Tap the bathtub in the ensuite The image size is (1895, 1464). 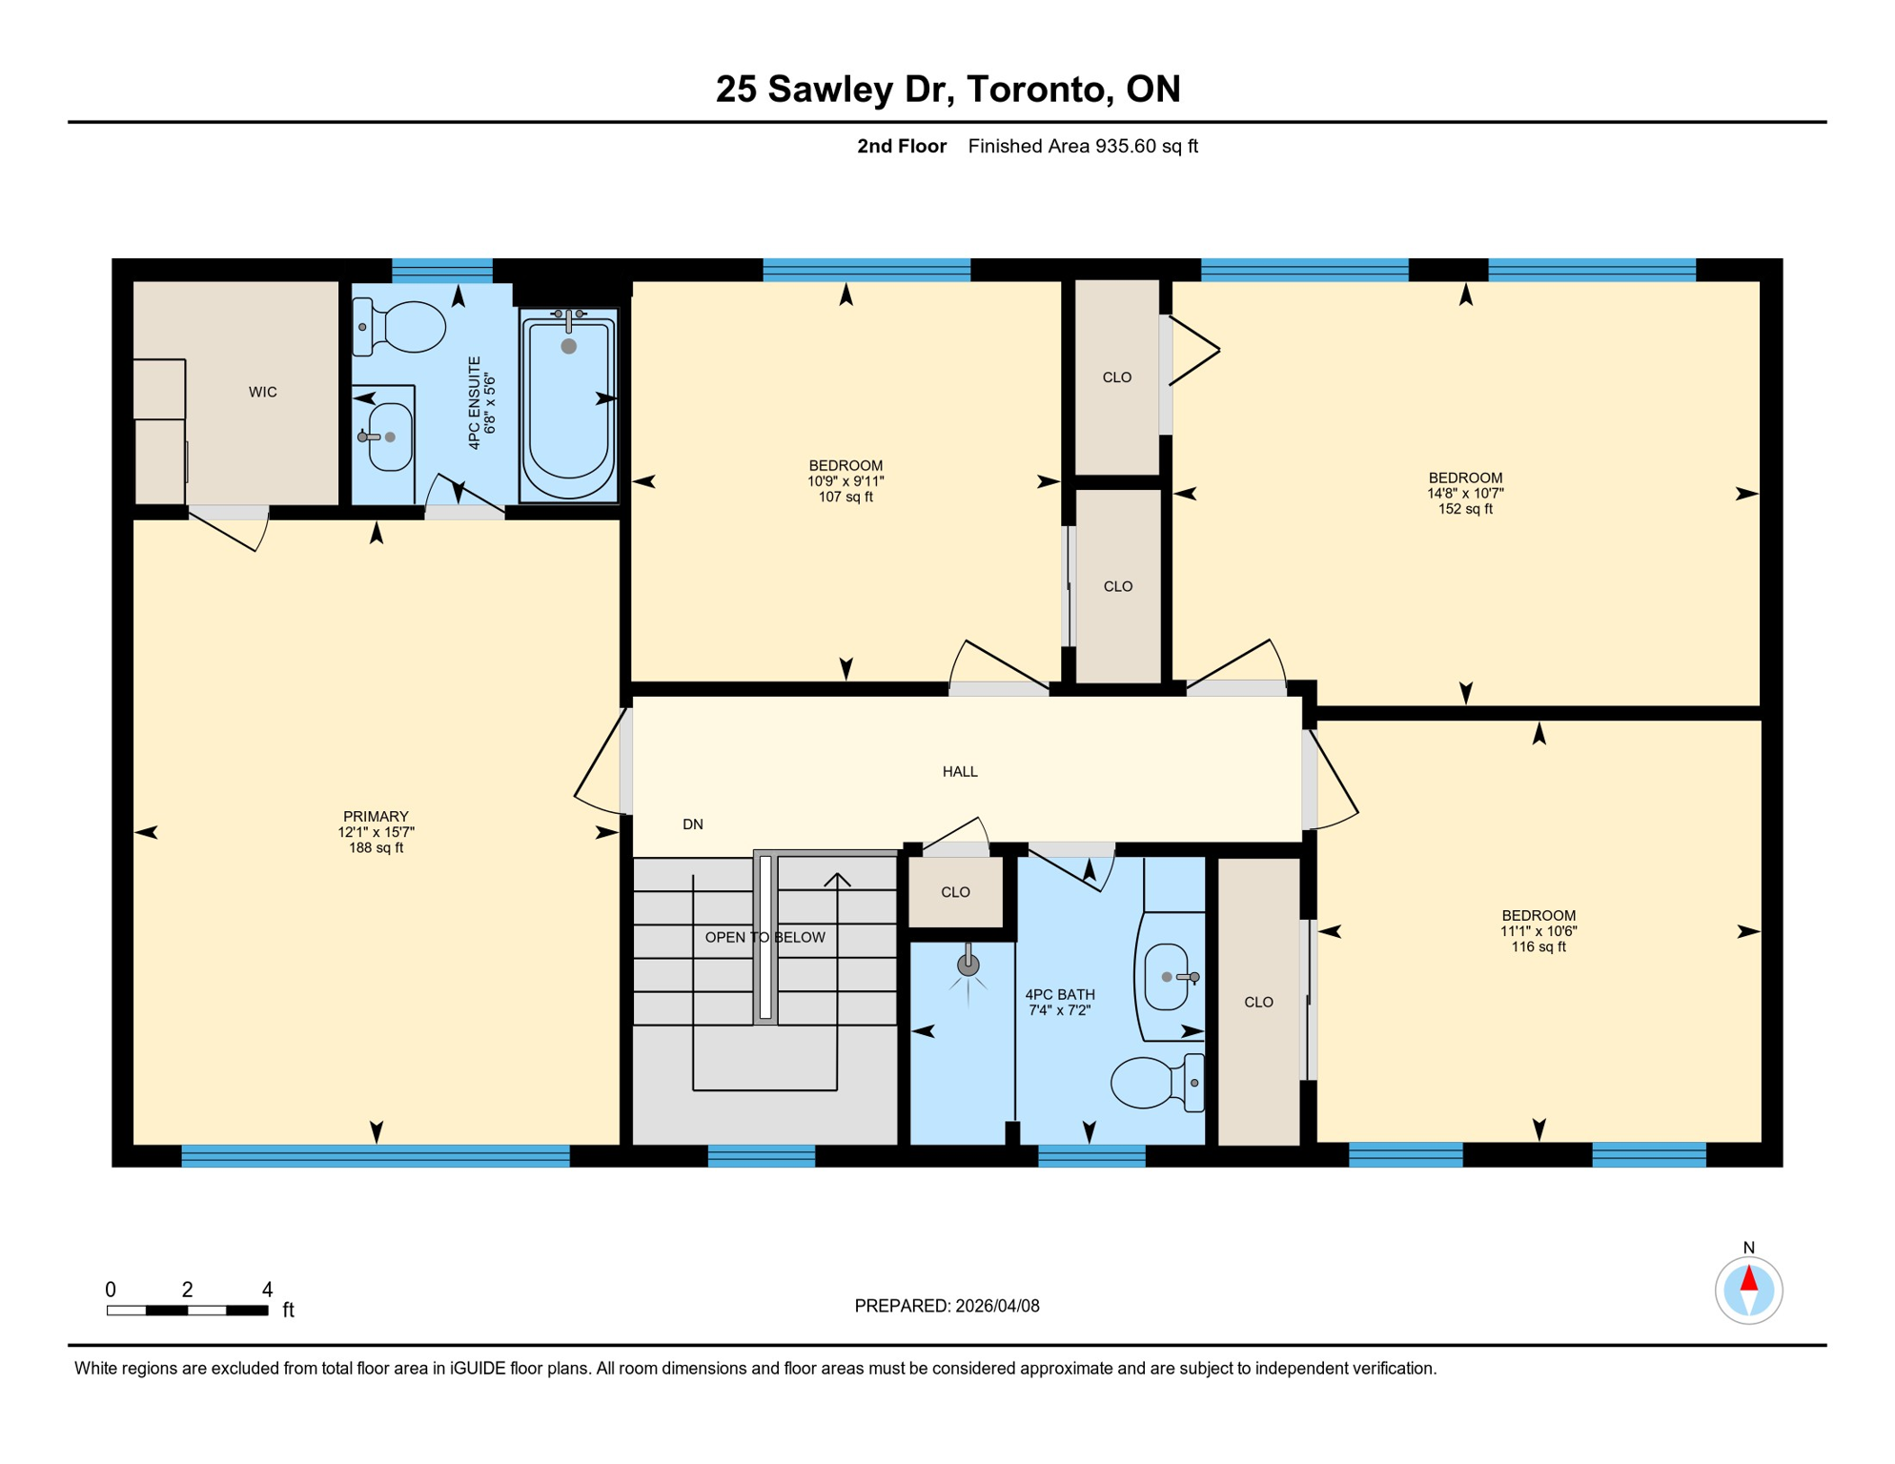coord(569,405)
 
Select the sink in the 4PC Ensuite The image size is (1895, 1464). coord(389,437)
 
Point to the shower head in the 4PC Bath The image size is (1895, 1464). coord(968,966)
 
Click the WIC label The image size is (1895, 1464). coord(263,392)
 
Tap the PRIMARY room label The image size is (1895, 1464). coord(376,817)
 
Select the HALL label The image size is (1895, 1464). coord(960,772)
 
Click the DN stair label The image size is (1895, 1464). coord(693,824)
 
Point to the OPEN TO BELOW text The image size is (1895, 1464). coord(764,938)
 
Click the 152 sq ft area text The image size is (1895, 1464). coord(1465,509)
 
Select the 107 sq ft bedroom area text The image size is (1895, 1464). coord(846,497)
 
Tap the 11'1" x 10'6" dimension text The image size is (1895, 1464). coord(1538,931)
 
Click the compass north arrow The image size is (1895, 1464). coord(1748,1280)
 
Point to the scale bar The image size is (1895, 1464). coord(187,1311)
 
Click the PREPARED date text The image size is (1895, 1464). coord(947,1306)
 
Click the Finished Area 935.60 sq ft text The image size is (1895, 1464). coord(1083,146)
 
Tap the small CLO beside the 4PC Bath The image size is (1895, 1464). coord(955,892)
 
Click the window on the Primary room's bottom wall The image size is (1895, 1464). coord(376,1155)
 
